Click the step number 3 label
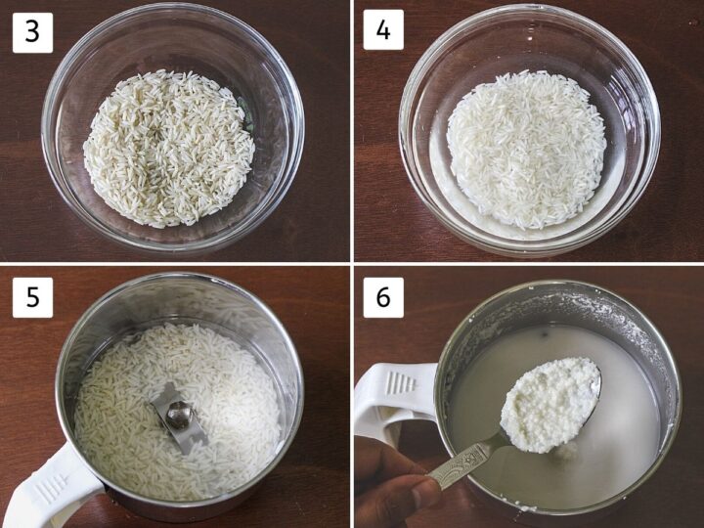[x=32, y=32]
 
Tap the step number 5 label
[x=32, y=297]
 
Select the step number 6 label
[x=383, y=297]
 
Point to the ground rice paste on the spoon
[x=549, y=403]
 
